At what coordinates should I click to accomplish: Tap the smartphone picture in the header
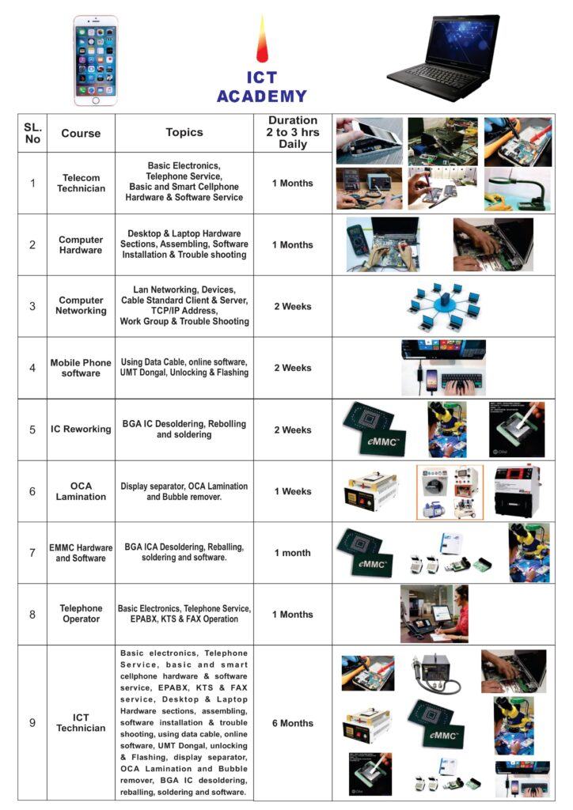[x=96, y=60]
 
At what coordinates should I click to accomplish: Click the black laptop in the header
[x=444, y=58]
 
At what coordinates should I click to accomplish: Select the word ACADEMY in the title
[x=261, y=96]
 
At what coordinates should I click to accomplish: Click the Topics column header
[x=184, y=132]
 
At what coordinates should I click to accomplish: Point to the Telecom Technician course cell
[x=81, y=183]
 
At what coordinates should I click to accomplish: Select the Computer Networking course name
[x=81, y=305]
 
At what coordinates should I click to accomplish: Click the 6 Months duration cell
[x=293, y=723]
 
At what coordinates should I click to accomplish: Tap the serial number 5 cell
[x=32, y=430]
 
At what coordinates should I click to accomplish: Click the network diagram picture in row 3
[x=444, y=307]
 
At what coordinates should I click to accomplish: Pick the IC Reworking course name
[x=81, y=429]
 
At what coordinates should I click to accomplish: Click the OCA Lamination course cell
[x=81, y=491]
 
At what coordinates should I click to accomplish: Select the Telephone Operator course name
[x=81, y=614]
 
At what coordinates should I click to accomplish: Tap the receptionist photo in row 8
[x=434, y=614]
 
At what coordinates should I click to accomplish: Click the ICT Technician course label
[x=81, y=723]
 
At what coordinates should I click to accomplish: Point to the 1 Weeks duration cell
[x=293, y=491]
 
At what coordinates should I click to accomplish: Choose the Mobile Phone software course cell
[x=81, y=368]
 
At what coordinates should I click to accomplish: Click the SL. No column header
[x=32, y=133]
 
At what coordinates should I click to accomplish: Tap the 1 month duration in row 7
[x=293, y=553]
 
